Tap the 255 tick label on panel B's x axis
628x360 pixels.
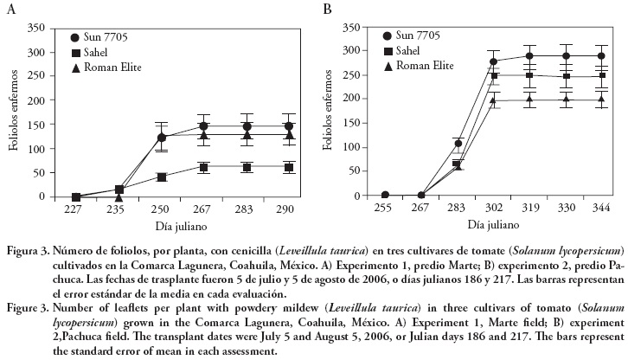point(385,209)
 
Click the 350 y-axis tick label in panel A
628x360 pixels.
point(35,28)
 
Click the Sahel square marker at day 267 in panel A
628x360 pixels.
point(204,167)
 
